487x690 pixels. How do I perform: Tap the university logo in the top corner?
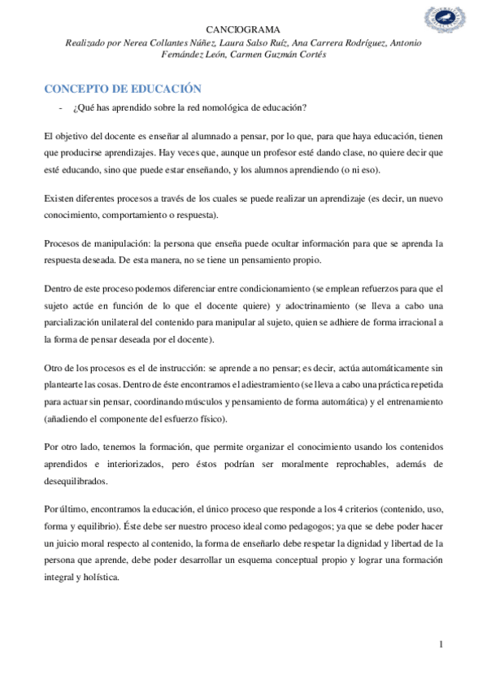coord(445,22)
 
